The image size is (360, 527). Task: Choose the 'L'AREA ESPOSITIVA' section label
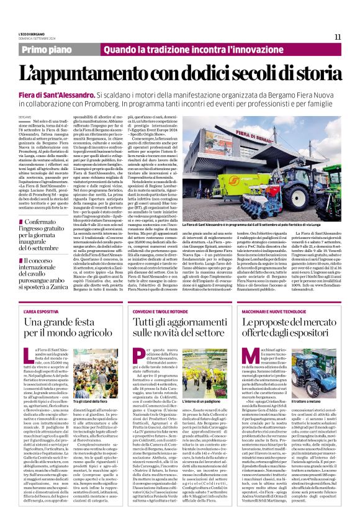[40, 310]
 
